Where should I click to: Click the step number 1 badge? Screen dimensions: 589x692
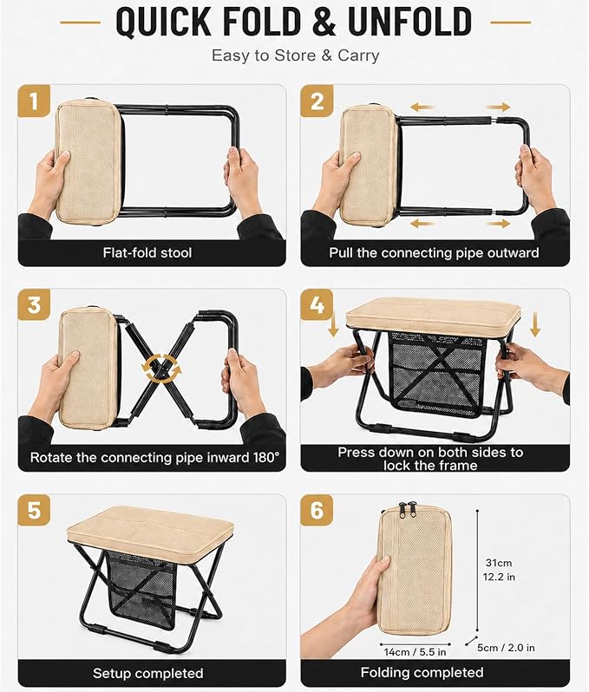click(34, 101)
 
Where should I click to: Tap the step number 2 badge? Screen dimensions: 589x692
click(317, 101)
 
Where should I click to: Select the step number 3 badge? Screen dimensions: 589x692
click(34, 305)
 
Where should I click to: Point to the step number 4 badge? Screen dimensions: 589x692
click(317, 305)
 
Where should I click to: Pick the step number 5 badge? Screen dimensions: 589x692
click(34, 510)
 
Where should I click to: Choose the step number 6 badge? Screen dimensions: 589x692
click(317, 510)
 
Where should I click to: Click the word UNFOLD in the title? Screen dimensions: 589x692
click(410, 22)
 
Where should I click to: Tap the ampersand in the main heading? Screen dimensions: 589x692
click(324, 22)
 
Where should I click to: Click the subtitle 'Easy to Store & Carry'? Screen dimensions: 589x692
click(296, 55)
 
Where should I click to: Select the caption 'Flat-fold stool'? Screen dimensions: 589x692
click(147, 252)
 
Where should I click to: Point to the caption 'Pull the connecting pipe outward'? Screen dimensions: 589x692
click(434, 252)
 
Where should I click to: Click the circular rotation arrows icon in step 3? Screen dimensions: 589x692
click(161, 368)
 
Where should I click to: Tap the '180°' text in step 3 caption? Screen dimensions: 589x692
click(266, 457)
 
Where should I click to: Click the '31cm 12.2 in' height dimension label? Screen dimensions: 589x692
click(499, 570)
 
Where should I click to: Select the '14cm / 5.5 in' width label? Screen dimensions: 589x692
click(415, 652)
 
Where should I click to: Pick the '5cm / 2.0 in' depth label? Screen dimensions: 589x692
click(506, 648)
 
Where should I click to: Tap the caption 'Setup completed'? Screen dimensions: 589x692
click(148, 673)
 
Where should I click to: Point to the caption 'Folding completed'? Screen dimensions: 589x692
click(422, 672)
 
